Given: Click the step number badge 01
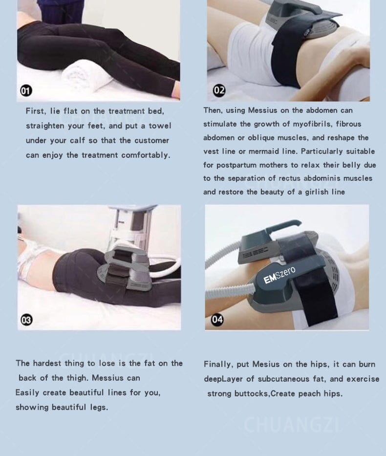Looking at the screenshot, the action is [x=26, y=91].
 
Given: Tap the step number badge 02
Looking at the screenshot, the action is [x=219, y=90].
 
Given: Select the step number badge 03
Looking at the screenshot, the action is [x=26, y=320].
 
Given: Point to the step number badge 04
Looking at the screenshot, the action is [x=217, y=320].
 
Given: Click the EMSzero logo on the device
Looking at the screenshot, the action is [x=279, y=275].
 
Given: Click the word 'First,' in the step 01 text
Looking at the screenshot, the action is [x=36, y=111].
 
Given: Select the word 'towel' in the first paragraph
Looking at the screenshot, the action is [x=160, y=126].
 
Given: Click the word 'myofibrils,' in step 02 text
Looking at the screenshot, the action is [x=312, y=124].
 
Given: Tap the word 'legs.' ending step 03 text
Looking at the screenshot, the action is [x=99, y=408].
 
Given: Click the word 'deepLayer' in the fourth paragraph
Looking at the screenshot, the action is [x=223, y=379].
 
